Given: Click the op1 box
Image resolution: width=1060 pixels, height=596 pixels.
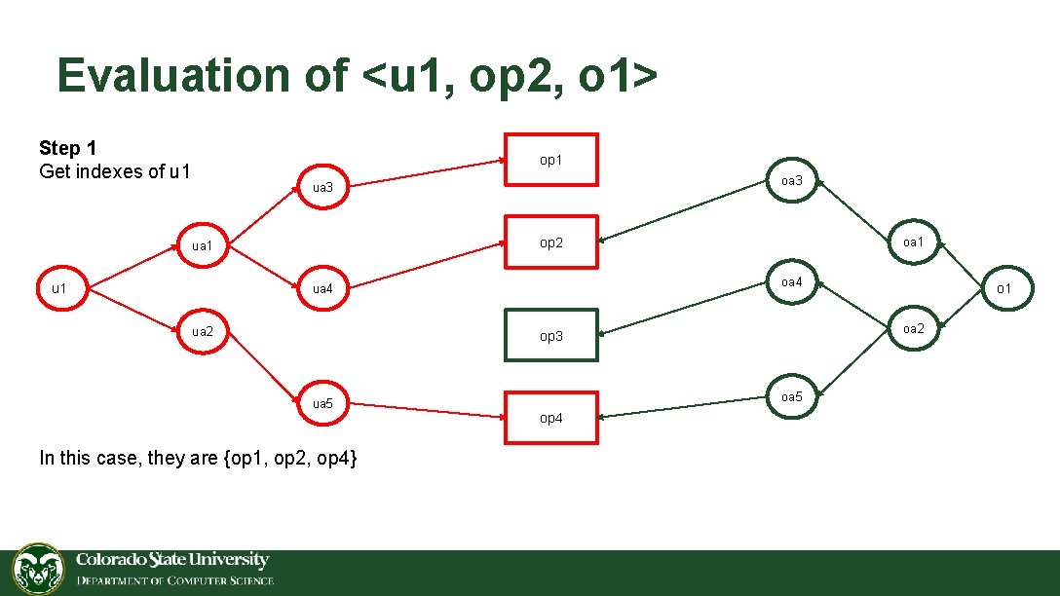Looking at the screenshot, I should (550, 160).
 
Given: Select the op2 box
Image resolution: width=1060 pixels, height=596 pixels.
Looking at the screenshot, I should (550, 242).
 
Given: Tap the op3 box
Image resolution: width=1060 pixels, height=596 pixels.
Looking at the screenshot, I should (550, 335).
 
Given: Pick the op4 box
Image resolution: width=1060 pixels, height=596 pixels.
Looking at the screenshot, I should (550, 418).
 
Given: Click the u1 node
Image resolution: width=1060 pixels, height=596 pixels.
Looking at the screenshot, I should (59, 288).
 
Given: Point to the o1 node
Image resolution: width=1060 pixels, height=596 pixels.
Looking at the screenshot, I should (1003, 288).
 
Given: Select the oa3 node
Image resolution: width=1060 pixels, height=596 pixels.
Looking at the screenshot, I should (791, 181).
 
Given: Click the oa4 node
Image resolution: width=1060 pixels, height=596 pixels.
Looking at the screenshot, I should (791, 282).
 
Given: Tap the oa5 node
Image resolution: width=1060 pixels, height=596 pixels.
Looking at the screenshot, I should (791, 396).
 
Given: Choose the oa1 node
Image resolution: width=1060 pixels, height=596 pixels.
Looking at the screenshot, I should (914, 242).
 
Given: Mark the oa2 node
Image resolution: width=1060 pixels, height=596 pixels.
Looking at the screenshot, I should (914, 328).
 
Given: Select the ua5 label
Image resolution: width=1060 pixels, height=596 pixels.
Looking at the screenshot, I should (322, 403).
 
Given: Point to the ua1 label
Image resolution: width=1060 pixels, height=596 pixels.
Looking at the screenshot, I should (202, 245).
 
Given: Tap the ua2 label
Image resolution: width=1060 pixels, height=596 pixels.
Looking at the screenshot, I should (202, 331).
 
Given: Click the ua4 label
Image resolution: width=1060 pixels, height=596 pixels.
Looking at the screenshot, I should (322, 288).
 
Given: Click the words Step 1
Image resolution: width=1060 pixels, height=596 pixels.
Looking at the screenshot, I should (67, 148).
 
